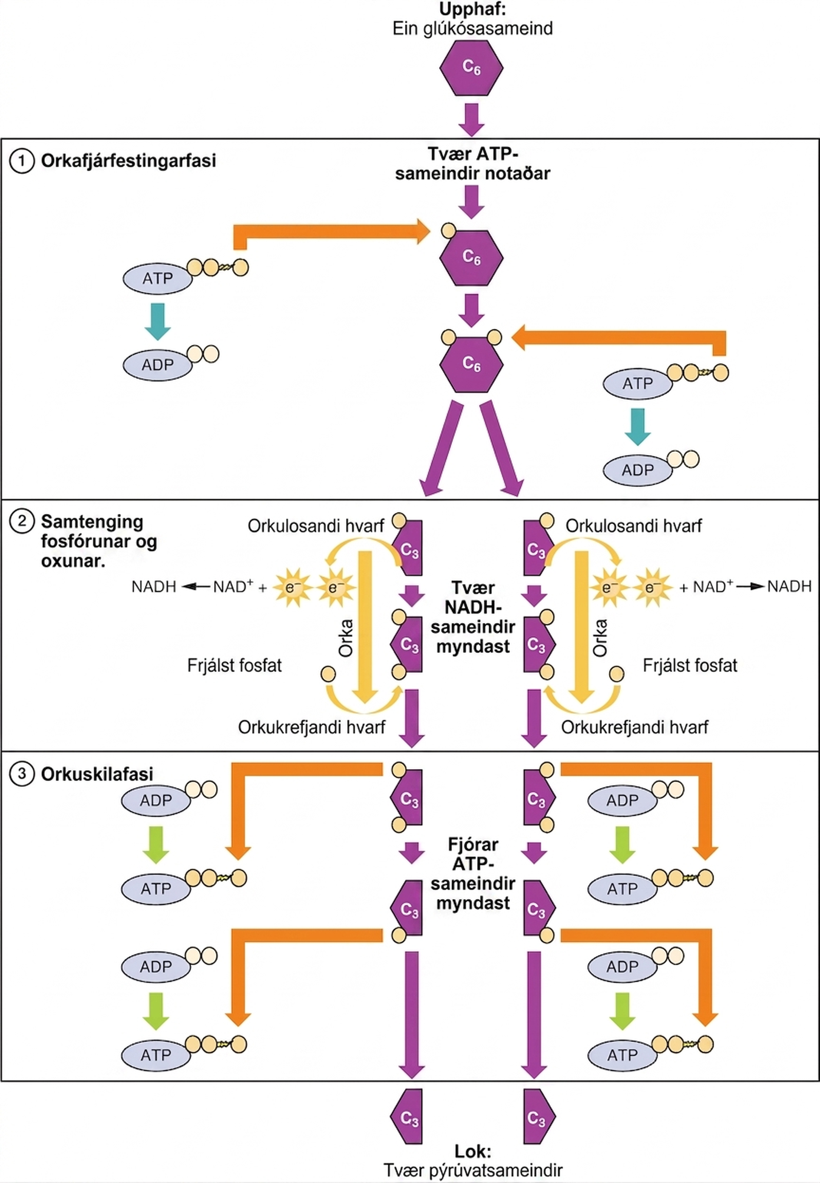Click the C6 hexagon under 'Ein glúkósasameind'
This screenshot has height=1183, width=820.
coord(471,67)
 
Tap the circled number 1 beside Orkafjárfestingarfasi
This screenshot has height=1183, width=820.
coord(22,161)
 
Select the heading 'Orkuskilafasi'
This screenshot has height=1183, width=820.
coord(97,774)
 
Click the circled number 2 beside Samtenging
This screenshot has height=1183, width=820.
coord(22,521)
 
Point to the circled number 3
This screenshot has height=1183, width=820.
coord(22,774)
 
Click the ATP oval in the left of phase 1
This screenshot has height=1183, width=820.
coord(157,278)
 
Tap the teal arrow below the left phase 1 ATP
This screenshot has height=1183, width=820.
coord(157,322)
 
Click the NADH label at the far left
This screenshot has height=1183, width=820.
coord(154,586)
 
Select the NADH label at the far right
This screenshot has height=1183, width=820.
coord(789,586)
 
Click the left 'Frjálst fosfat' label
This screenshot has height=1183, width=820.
coord(234,666)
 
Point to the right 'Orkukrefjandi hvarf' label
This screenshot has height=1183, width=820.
coord(635,727)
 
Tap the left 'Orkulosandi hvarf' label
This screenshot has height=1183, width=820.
coord(315,526)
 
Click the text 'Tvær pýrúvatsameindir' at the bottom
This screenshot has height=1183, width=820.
coord(473,1170)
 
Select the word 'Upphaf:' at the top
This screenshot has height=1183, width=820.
coord(473,9)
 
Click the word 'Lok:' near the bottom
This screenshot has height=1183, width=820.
coord(473,1151)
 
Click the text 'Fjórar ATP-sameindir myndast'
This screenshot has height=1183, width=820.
coord(473,874)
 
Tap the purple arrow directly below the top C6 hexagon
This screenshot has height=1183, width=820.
coord(471,120)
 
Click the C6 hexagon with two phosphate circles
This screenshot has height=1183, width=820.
coord(471,364)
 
